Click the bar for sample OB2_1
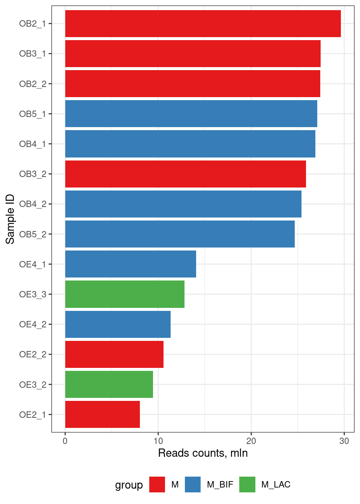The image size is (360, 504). [202, 24]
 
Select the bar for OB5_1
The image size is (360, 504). [191, 114]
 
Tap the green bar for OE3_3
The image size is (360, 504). [124, 294]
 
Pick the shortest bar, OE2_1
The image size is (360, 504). [102, 414]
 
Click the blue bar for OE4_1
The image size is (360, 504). [130, 264]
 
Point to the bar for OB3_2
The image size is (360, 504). [185, 174]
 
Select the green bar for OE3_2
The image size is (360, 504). [109, 384]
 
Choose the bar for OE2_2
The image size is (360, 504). [114, 354]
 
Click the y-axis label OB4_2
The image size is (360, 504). [33, 204]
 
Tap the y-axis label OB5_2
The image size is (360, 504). [33, 234]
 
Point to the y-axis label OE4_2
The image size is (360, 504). [33, 324]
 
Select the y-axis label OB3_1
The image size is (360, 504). [33, 54]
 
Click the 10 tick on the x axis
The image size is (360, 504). [158, 441]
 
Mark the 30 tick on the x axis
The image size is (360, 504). [344, 441]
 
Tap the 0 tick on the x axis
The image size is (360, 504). [65, 441]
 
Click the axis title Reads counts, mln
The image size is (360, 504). [203, 453]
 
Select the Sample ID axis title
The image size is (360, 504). [10, 219]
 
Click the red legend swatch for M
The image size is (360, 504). [157, 484]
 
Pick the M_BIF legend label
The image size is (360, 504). [220, 484]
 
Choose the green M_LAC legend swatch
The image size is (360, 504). [247, 484]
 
